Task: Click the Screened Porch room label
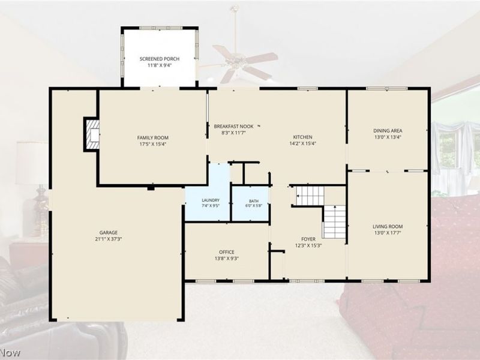[x=159, y=59]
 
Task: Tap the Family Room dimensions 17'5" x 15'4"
[x=153, y=144]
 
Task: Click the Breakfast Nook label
[x=233, y=127]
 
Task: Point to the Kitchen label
[x=302, y=137]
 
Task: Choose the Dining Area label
[x=388, y=131]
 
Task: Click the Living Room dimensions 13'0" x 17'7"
[x=388, y=233]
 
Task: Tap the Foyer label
[x=308, y=239]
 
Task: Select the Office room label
[x=227, y=252]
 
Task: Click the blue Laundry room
[x=208, y=192]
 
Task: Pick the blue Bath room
[x=250, y=203]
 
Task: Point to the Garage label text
[x=109, y=233]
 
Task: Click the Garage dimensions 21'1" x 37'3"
[x=109, y=239]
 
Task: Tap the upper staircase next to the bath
[x=310, y=196]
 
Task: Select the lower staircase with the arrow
[x=335, y=222]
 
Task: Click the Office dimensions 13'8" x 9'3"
[x=227, y=259]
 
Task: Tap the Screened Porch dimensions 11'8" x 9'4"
[x=159, y=65]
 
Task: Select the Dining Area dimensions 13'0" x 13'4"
[x=388, y=137]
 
